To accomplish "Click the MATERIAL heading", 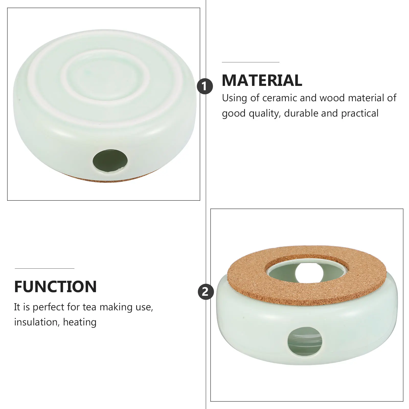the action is point(262,80).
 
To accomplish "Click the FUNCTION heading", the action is point(55,287).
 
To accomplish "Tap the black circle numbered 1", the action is point(205,86).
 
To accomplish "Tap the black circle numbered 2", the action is point(206,292).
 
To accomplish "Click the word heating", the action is point(80,322).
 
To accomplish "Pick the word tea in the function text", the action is point(90,307).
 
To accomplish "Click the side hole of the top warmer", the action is point(110,161).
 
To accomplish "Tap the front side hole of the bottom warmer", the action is point(305,341).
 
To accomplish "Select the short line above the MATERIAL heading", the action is point(251,62).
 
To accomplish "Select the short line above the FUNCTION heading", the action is point(44,268).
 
